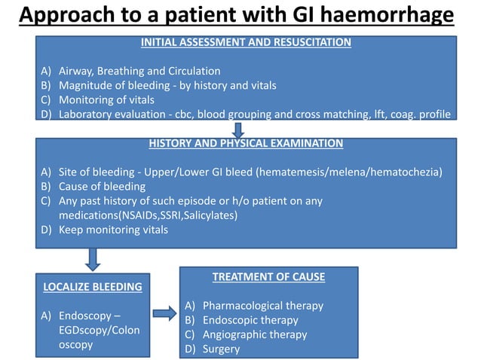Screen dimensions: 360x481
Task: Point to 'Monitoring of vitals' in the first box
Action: [x=106, y=99]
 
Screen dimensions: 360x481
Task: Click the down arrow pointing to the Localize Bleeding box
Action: [x=93, y=259]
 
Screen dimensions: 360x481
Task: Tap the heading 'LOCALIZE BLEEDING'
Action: [x=92, y=287]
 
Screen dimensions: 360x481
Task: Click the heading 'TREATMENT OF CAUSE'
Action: [x=268, y=277]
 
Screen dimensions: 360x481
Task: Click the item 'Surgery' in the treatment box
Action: [x=221, y=349]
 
